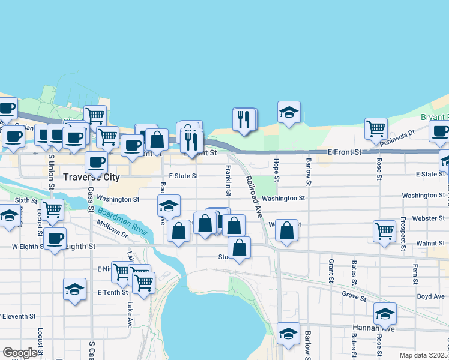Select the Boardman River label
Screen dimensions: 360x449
[121, 219]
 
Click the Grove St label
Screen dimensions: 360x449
[354, 296]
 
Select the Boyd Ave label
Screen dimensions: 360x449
[431, 296]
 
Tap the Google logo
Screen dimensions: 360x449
[19, 353]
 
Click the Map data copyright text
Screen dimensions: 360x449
[424, 356]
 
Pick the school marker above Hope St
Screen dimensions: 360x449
[289, 112]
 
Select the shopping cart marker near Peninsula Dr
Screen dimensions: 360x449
[376, 128]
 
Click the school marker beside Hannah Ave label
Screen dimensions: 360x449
[385, 313]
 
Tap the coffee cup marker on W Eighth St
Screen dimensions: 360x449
[55, 239]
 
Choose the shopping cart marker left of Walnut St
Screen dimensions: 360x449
[384, 231]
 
